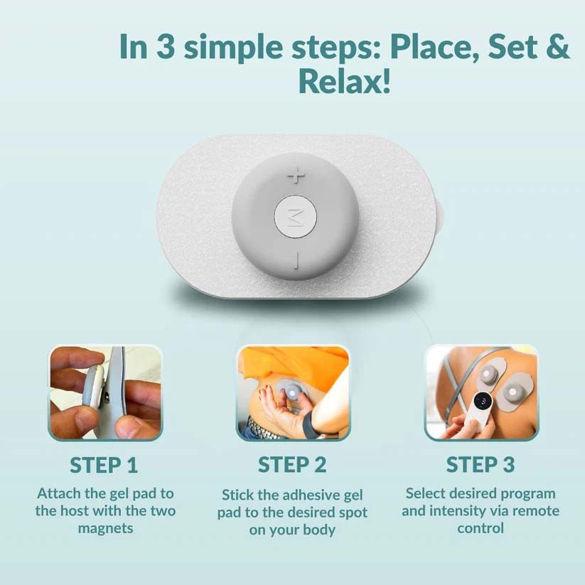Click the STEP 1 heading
[x=104, y=465]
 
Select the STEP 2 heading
[x=292, y=465]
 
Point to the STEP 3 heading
[x=480, y=465]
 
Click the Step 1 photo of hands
[x=104, y=393]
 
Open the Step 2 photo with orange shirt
[x=292, y=393]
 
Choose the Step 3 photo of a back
[x=481, y=393]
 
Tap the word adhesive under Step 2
[x=321, y=494]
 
